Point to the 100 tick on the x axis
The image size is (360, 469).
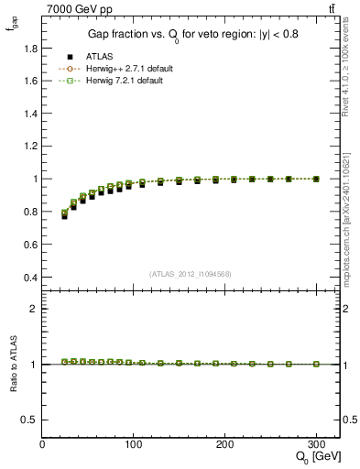pos(134,443)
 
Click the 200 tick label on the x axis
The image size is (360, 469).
pos(225,443)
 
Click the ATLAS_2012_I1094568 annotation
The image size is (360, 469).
pos(189,274)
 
